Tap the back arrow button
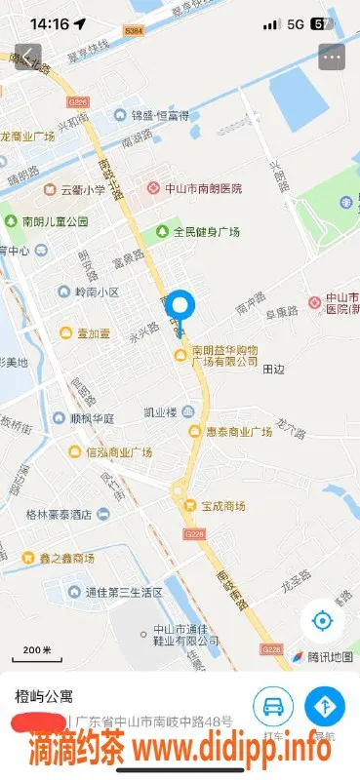[28, 57]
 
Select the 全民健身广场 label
[198, 232]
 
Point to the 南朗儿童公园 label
[47, 221]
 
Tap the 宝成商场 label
[216, 506]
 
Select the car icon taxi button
[273, 705]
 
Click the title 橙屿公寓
[44, 696]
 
